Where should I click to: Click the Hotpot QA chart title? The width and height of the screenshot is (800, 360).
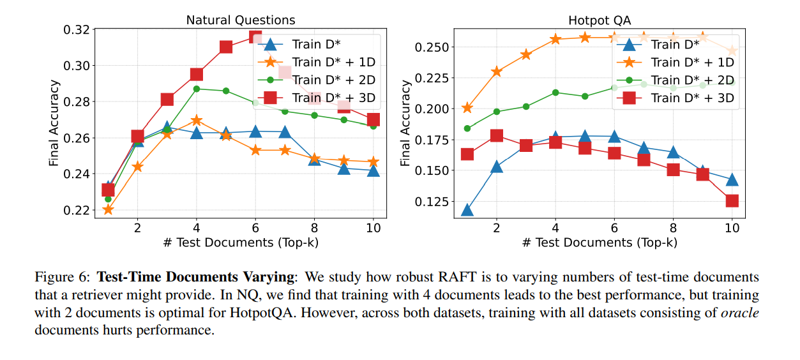click(x=600, y=20)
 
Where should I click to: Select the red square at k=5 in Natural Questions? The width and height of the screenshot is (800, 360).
click(x=226, y=47)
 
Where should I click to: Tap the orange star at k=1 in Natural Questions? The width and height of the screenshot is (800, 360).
click(x=108, y=209)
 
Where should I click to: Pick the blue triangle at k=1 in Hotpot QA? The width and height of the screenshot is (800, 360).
click(x=467, y=211)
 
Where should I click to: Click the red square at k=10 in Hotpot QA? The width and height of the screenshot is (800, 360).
click(x=732, y=201)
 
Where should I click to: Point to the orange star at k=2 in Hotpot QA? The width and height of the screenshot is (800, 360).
click(x=497, y=71)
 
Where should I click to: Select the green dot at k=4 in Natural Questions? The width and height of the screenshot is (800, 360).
click(x=197, y=89)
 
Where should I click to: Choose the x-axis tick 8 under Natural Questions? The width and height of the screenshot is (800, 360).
click(x=315, y=227)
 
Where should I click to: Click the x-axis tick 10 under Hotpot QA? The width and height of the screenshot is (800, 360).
click(x=732, y=227)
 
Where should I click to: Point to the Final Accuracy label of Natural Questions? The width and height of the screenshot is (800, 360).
click(x=54, y=123)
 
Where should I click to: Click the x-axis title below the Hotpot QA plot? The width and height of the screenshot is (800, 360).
click(x=600, y=242)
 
